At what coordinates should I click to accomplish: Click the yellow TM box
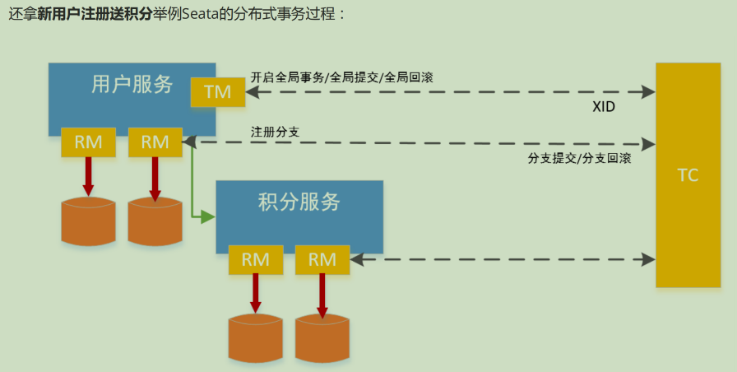click(217, 92)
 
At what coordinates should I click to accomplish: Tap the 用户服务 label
click(132, 84)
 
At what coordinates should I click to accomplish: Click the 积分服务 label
click(299, 202)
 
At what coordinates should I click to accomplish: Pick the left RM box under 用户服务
click(88, 142)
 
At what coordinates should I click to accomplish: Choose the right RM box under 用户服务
click(155, 142)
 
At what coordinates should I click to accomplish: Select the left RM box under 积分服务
click(255, 259)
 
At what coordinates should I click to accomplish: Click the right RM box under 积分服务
click(322, 259)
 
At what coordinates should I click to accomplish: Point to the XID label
click(604, 107)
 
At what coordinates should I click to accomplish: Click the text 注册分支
click(271, 131)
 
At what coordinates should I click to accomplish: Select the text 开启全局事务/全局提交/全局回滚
click(342, 77)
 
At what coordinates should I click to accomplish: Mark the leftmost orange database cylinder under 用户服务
click(88, 221)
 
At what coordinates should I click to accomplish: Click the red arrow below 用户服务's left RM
click(88, 175)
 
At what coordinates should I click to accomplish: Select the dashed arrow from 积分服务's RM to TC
click(502, 259)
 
